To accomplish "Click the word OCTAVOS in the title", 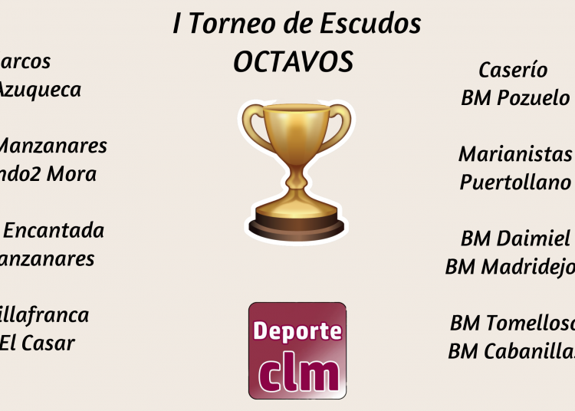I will pyautogui.click(x=293, y=62).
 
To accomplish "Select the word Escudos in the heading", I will pyautogui.click(x=370, y=25).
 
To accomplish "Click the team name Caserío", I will pyautogui.click(x=513, y=70).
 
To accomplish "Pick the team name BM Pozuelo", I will pyautogui.click(x=515, y=98).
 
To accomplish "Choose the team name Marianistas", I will pyautogui.click(x=515, y=154).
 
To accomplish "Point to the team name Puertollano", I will pyautogui.click(x=515, y=182).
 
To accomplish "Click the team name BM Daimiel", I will pyautogui.click(x=515, y=238).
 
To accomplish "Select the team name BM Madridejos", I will pyautogui.click(x=510, y=267).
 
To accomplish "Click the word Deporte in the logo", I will pyautogui.click(x=297, y=332).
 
